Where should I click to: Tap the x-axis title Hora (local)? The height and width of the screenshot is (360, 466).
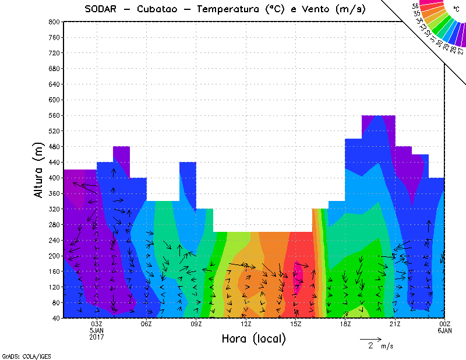253,338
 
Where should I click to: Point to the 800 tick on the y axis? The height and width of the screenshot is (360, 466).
53,22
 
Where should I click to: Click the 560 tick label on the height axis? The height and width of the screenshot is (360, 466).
53,116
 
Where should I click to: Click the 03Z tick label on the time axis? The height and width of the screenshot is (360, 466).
97,324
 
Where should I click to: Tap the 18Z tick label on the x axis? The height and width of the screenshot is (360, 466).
345,324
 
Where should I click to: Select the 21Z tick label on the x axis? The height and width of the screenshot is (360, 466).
395,324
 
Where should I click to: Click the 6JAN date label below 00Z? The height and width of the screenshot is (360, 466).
444,330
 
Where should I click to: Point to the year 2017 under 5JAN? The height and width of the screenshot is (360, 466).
97,337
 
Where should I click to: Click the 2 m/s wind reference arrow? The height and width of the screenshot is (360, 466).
370,338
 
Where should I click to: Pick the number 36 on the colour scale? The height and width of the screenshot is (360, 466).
415,6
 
